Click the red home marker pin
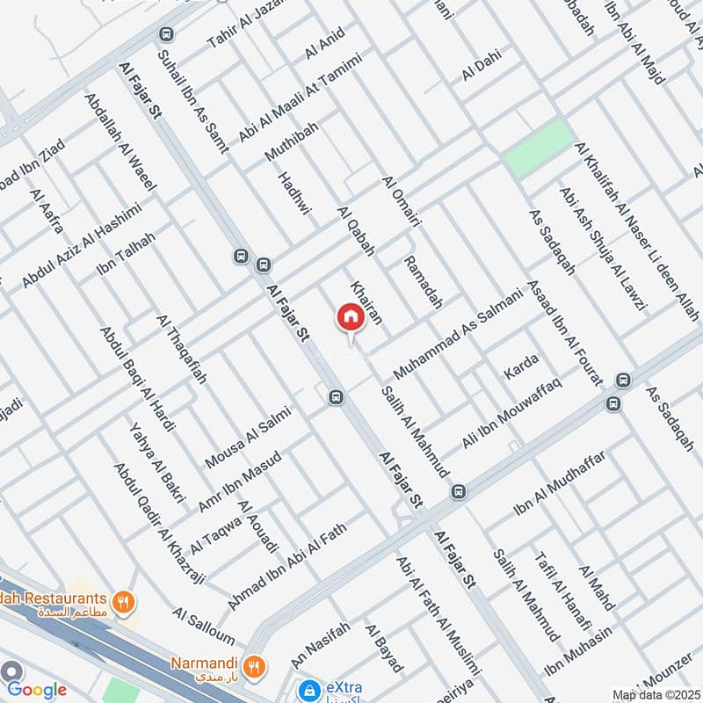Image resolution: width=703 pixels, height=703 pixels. pos(350,317)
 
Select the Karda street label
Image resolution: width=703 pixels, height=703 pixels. pos(521,368)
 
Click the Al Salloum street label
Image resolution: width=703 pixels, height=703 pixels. pos(203,626)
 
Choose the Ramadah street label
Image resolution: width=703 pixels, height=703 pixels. pos(421,278)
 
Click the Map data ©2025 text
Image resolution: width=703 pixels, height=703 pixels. pos(655,695)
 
